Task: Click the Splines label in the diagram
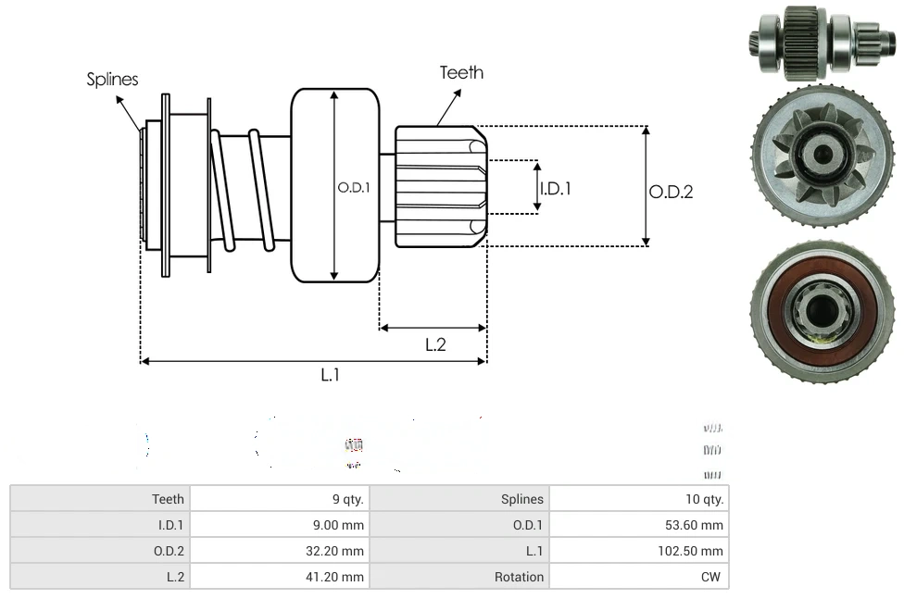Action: coord(112,80)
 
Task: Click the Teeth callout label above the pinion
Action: coord(461,72)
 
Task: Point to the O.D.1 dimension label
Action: coord(353,187)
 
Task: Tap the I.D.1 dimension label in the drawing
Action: coord(555,188)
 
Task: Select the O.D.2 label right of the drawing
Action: coord(671,192)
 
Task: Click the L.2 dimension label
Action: coord(435,344)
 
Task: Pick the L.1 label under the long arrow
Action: coord(331,375)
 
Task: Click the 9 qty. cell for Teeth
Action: coord(348,499)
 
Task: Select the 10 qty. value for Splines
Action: coord(704,499)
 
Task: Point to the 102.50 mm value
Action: coord(693,551)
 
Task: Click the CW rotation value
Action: coord(713,577)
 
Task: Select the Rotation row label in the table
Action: coord(519,577)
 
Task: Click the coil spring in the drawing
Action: coord(243,190)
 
